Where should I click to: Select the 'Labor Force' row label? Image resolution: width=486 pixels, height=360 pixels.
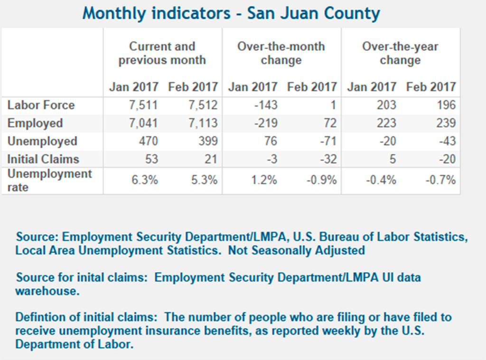pos(41,105)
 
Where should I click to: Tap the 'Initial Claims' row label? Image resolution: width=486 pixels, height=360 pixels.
pos(44,159)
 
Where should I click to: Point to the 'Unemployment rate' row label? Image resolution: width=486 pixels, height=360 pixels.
pos(50,180)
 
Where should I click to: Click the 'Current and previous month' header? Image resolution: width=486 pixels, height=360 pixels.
pos(162,53)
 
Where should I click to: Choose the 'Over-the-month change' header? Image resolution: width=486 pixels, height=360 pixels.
pos(281,53)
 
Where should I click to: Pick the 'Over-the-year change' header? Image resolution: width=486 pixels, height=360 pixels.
pos(400,53)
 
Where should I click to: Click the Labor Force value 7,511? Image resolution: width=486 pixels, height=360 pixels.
pos(144,105)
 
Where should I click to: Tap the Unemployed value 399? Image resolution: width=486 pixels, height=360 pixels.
pos(207,141)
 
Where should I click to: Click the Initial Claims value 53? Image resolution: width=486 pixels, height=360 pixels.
pos(151,159)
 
